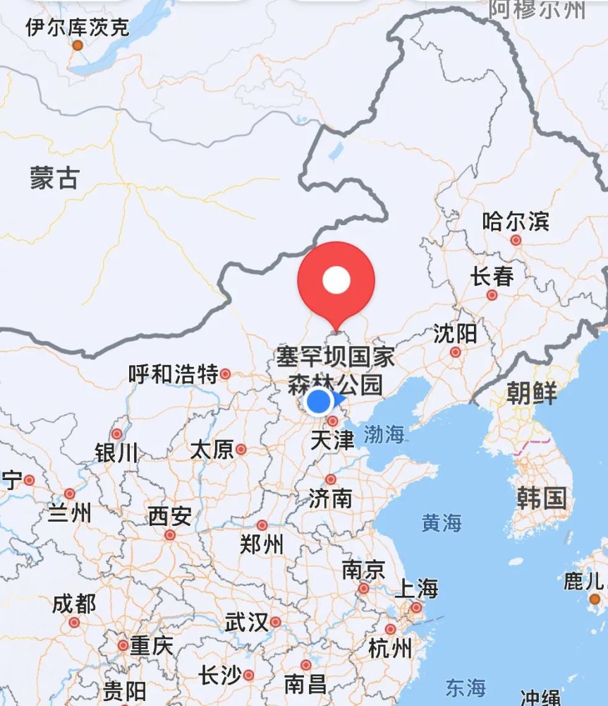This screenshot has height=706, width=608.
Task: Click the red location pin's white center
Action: click(336, 280)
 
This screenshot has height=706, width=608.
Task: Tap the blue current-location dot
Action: click(320, 401)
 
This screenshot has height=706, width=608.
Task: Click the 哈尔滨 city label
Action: click(515, 221)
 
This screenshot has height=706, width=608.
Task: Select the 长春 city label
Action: click(492, 276)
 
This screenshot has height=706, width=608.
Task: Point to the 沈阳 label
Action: click(455, 333)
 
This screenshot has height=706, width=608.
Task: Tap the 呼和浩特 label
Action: click(174, 374)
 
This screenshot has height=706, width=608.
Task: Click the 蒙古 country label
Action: click(54, 178)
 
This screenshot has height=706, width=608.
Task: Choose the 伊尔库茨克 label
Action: click(78, 28)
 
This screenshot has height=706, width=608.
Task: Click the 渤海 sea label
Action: click(384, 434)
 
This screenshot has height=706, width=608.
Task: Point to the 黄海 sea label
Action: click(442, 522)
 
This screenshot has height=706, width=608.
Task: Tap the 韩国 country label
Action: click(541, 498)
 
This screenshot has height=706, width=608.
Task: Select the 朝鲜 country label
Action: click(531, 393)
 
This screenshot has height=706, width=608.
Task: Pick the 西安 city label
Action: click(169, 517)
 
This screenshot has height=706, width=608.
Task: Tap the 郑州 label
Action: click(262, 544)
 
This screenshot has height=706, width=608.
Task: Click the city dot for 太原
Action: click(241, 449)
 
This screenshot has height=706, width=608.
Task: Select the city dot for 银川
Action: click(117, 434)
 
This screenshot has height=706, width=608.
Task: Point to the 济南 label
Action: click(330, 498)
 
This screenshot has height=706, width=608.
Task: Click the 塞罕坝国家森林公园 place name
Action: click(335, 371)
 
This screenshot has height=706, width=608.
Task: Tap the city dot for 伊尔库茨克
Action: click(78, 45)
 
